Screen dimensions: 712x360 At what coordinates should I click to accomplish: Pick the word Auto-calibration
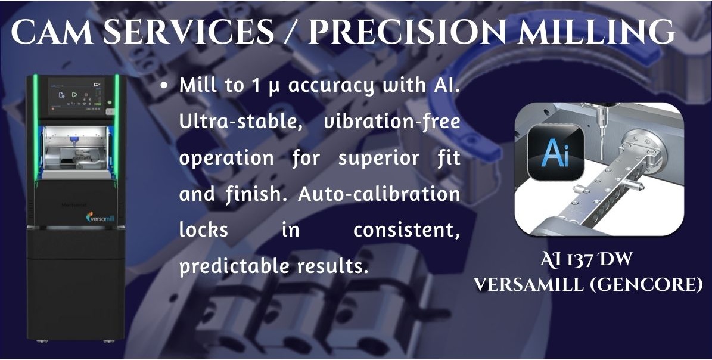coord(379,194)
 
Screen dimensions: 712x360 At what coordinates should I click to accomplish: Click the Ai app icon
coord(556,153)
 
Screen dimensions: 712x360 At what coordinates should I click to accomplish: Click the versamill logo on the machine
coord(100,218)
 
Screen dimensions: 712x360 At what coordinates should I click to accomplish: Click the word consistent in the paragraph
coord(406,231)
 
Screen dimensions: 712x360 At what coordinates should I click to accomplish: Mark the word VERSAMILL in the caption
coord(529,285)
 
